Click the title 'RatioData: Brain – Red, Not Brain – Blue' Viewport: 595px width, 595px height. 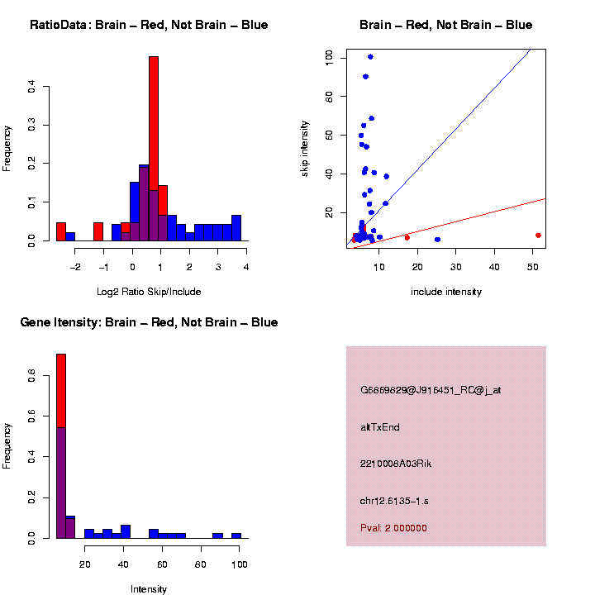pyautogui.click(x=149, y=25)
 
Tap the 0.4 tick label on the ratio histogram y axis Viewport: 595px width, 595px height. pyautogui.click(x=32, y=85)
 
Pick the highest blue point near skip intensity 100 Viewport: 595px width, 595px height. pyautogui.click(x=370, y=57)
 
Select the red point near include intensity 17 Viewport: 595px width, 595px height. pyautogui.click(x=407, y=238)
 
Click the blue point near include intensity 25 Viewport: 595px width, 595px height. pyautogui.click(x=437, y=240)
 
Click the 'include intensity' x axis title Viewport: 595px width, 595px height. pyautogui.click(x=446, y=292)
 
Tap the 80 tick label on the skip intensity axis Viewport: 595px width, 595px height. pyautogui.click(x=330, y=97)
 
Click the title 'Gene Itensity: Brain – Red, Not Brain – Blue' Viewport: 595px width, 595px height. pyautogui.click(x=149, y=322)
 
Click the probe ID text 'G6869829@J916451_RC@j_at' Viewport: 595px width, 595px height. pyautogui.click(x=430, y=390)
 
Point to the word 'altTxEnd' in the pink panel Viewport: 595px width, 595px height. pyautogui.click(x=380, y=427)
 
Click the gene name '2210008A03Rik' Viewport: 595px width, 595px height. pyautogui.click(x=396, y=464)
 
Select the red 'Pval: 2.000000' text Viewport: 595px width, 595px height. pyautogui.click(x=393, y=527)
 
